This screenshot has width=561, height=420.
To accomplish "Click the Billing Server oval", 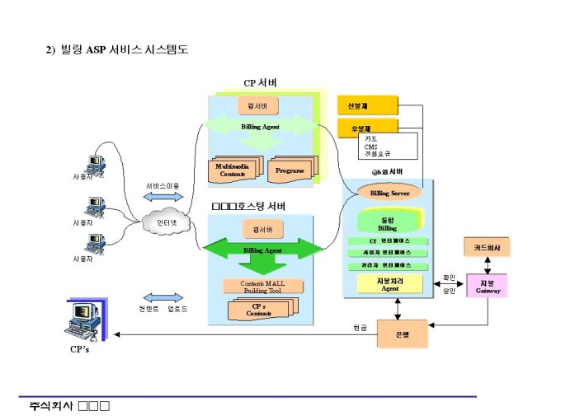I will click(x=390, y=193).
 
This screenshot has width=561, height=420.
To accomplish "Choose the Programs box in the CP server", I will click(x=290, y=170).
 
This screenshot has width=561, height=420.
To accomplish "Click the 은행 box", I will click(x=402, y=333).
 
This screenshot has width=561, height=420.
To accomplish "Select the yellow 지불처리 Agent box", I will click(x=390, y=284).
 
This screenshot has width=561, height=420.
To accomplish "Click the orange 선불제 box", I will click(x=367, y=105).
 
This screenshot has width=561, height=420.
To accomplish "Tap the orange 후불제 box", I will click(x=367, y=128).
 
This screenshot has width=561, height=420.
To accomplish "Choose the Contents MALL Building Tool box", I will click(x=263, y=287).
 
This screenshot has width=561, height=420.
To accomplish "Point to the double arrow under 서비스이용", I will click(x=163, y=198).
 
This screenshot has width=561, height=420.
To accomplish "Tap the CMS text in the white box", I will click(x=371, y=147).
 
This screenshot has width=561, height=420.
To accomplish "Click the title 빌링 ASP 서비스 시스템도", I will click(x=124, y=49).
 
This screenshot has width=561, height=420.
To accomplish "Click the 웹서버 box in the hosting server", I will click(x=262, y=228).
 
